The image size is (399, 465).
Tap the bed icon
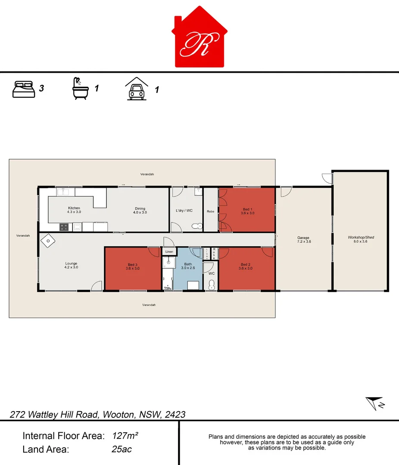coord(24,89)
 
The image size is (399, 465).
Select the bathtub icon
coord(80,89)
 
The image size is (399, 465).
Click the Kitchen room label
coord(74,210)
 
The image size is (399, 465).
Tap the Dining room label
coord(140,210)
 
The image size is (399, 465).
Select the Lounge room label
coord(71,265)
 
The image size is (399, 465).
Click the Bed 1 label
coord(247,211)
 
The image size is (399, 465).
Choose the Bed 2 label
coord(245,266)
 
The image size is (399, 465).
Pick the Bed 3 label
coord(132,266)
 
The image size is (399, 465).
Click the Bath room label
coord(188,266)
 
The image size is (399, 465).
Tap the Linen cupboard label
coord(169,251)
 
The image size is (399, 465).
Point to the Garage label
coord(303,239)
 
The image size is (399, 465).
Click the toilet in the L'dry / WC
coord(197,226)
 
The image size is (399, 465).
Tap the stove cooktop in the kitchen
coord(64,226)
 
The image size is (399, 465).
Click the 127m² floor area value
coord(125,436)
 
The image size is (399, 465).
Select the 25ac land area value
coord(122,449)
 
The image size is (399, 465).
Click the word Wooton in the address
coord(120,415)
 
